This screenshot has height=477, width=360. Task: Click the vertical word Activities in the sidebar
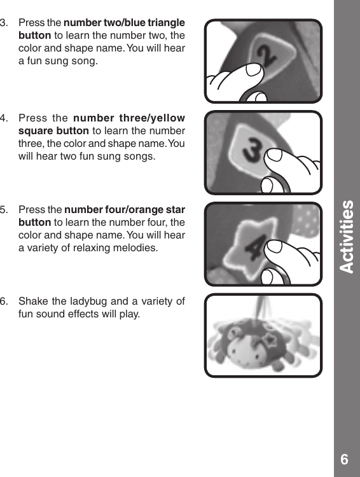pyautogui.click(x=347, y=237)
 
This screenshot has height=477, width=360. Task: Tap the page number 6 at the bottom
pyautogui.click(x=344, y=459)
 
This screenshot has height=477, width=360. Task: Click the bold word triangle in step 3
pyautogui.click(x=165, y=23)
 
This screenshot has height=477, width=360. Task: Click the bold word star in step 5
pyautogui.click(x=174, y=211)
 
